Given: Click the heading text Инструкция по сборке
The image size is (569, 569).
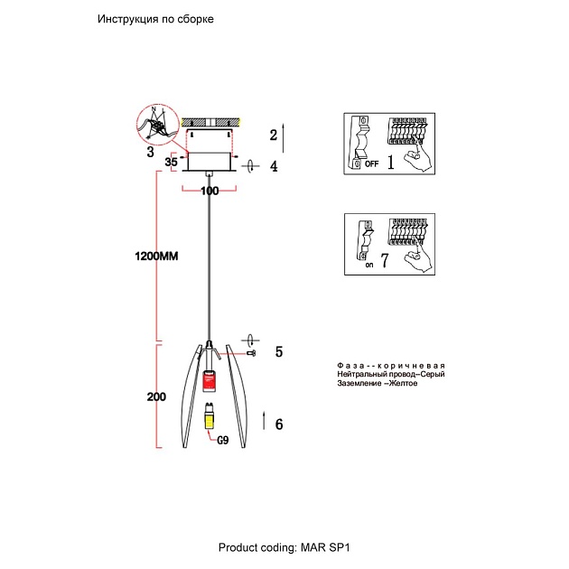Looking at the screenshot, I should coord(155,20).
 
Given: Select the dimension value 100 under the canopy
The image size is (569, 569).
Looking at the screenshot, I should coord(210,191).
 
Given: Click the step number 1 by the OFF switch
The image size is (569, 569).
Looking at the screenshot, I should coord(391,163).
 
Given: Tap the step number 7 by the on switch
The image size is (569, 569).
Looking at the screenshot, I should coord(385,263).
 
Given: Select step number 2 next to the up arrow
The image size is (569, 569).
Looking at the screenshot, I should coord(273,135).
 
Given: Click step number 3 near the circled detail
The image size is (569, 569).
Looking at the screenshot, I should coord(150,152).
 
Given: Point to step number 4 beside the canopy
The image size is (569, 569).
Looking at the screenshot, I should coord(274,166).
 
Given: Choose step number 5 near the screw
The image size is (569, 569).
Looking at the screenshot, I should coord(280,352).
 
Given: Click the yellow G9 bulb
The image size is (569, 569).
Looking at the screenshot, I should coord(209,416).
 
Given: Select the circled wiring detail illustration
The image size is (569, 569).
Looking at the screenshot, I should coord(158,125).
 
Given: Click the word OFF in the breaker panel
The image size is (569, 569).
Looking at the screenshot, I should coord(371,164).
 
